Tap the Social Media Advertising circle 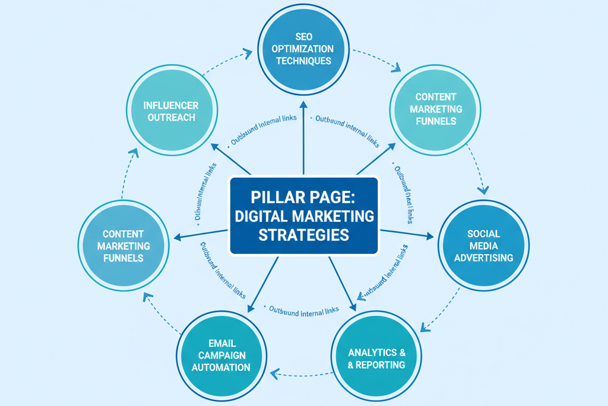[x=483, y=246]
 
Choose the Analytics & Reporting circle [x=376, y=358]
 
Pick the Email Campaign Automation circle [x=221, y=355]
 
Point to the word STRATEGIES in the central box [x=303, y=235]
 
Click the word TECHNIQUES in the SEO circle [x=303, y=61]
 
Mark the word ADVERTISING [x=483, y=258]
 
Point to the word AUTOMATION [x=221, y=367]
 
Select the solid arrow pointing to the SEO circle [x=303, y=137]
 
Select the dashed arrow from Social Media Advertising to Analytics [x=439, y=309]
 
